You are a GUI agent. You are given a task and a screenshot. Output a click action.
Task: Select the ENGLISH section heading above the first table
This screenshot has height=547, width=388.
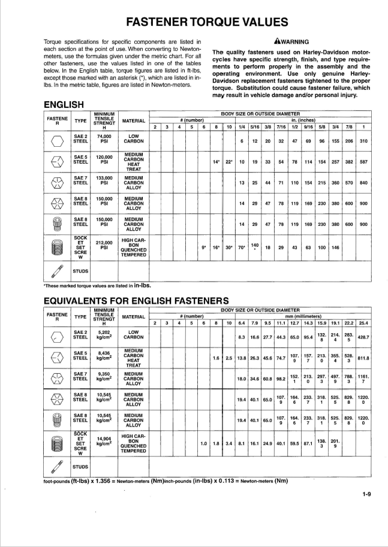tap(64, 105)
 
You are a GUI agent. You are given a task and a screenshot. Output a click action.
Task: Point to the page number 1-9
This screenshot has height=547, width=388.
tap(366, 494)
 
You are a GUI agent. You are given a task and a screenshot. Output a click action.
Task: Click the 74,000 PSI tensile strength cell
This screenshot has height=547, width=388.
tap(104, 140)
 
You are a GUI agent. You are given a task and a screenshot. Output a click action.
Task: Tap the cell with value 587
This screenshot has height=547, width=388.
tap(363, 162)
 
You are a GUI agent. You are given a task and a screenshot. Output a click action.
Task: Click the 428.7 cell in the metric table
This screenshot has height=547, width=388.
tap(363, 337)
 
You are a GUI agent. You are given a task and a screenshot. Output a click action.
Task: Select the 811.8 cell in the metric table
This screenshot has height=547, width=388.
tap(363, 358)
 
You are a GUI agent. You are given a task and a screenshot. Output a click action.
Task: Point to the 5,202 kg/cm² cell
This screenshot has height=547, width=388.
tap(104, 334)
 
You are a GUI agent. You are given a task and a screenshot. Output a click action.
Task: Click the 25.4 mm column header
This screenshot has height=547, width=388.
tap(363, 323)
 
